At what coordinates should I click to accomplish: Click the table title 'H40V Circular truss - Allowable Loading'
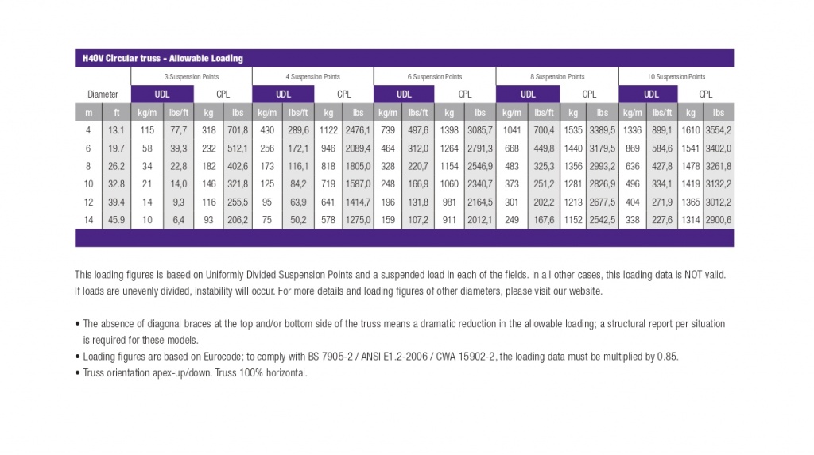point(162,58)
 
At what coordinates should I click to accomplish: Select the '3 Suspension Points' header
point(192,77)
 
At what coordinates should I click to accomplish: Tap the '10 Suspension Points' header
point(676,77)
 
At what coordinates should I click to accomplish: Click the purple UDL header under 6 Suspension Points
point(404,94)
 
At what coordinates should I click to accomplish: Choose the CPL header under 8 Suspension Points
point(589,94)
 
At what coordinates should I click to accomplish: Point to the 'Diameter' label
point(103,94)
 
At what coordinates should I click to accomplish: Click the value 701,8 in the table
point(238,130)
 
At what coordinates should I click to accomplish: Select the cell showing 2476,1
point(359,130)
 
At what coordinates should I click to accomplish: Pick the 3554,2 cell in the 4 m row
point(719,130)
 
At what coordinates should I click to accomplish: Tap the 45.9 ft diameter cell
point(116,220)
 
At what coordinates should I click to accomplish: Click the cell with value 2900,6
point(719,220)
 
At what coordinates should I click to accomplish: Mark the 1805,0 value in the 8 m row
point(359,166)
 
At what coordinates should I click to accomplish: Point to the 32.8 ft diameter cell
point(116,183)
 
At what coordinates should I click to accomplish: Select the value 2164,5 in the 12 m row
point(480,202)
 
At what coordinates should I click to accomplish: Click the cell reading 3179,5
point(603,148)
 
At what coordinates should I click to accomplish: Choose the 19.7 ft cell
point(116,148)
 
